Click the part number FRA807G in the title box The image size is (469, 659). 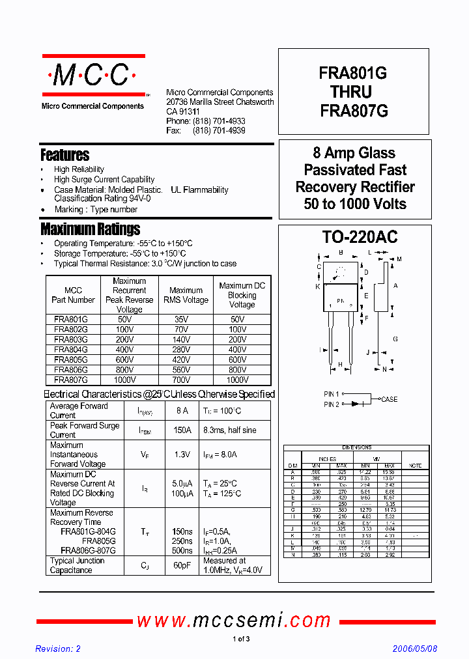click(354, 111)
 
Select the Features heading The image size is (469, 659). click(65, 155)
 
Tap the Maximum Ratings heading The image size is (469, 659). click(90, 229)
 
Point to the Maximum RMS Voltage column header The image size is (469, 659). click(186, 295)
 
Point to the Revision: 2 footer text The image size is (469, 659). click(58, 649)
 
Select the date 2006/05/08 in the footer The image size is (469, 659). click(415, 649)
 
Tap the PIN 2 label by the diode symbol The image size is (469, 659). click(332, 404)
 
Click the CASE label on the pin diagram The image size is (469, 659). click(389, 399)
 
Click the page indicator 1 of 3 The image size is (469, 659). click(241, 639)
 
